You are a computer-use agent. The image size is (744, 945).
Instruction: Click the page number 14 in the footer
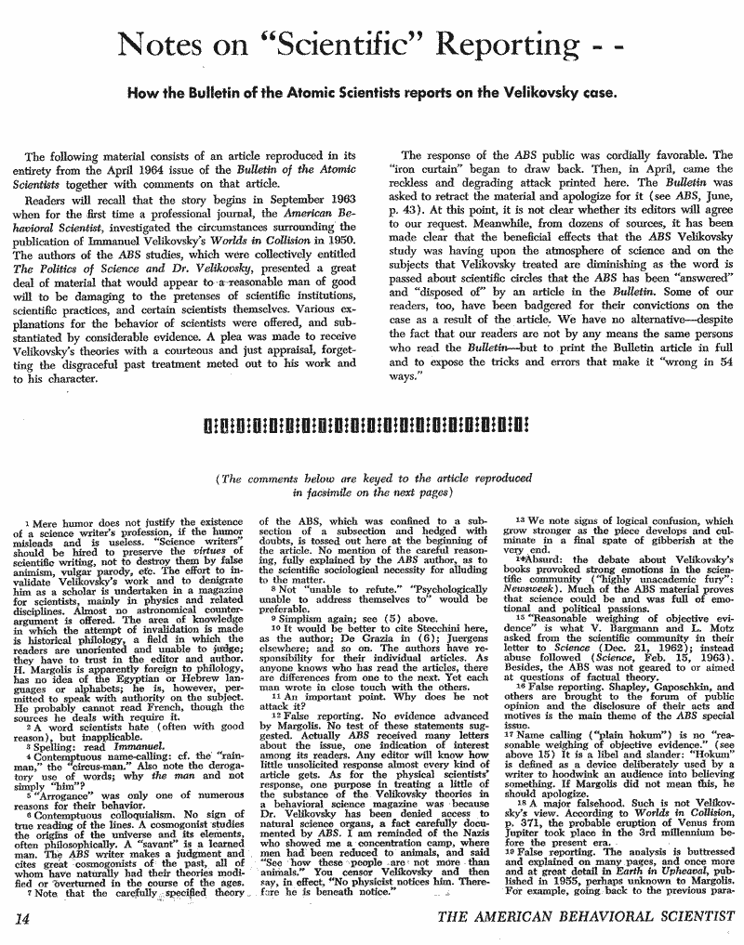click(x=25, y=918)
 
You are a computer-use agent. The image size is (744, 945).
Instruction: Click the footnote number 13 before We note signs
click(x=518, y=516)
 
